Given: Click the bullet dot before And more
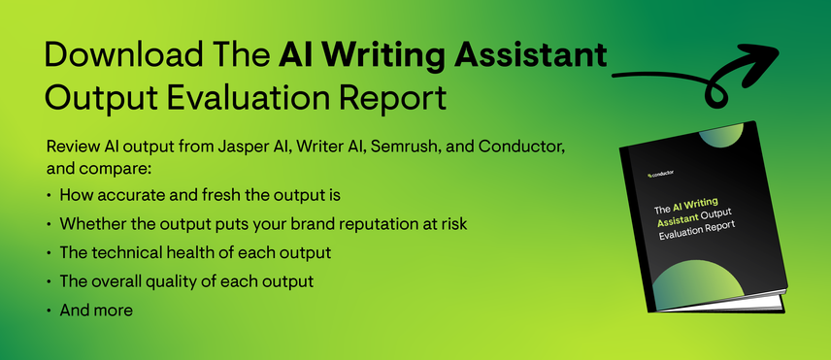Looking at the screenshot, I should click(x=49, y=311).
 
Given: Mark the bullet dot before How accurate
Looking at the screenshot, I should click(x=49, y=195).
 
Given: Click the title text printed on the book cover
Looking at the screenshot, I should click(x=692, y=213).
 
